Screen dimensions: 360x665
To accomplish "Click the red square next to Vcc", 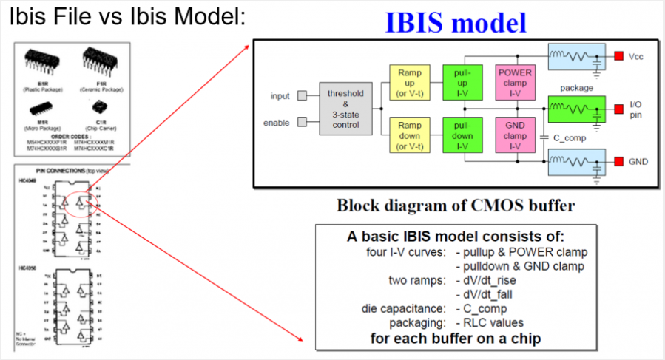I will (x=618, y=55).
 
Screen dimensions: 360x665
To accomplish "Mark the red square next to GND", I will (x=618, y=160).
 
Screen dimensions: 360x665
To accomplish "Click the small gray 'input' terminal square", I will (x=302, y=95).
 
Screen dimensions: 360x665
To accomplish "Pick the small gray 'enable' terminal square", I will (x=302, y=122).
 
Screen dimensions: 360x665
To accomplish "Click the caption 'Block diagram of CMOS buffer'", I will (x=453, y=206).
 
